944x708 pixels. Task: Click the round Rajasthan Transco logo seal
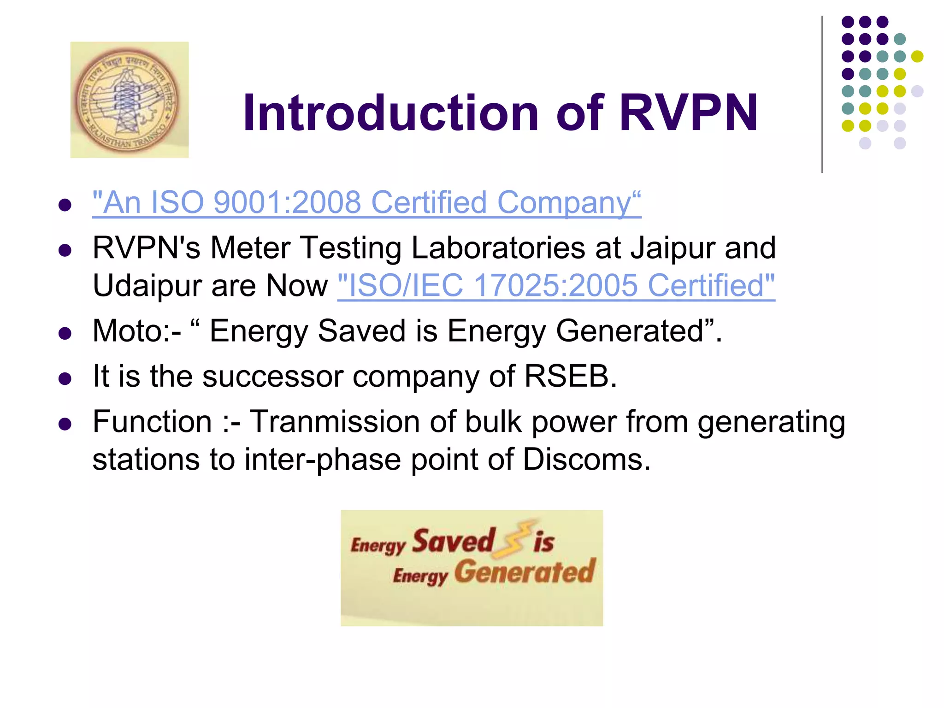(x=126, y=100)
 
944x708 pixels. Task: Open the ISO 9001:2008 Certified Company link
(x=366, y=202)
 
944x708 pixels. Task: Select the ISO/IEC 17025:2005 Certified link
(x=556, y=285)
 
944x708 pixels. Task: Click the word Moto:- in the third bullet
(x=136, y=331)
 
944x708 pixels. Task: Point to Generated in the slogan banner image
(x=525, y=572)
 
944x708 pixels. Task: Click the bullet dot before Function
(x=65, y=424)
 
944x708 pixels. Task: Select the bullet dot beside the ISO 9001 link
(x=65, y=205)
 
